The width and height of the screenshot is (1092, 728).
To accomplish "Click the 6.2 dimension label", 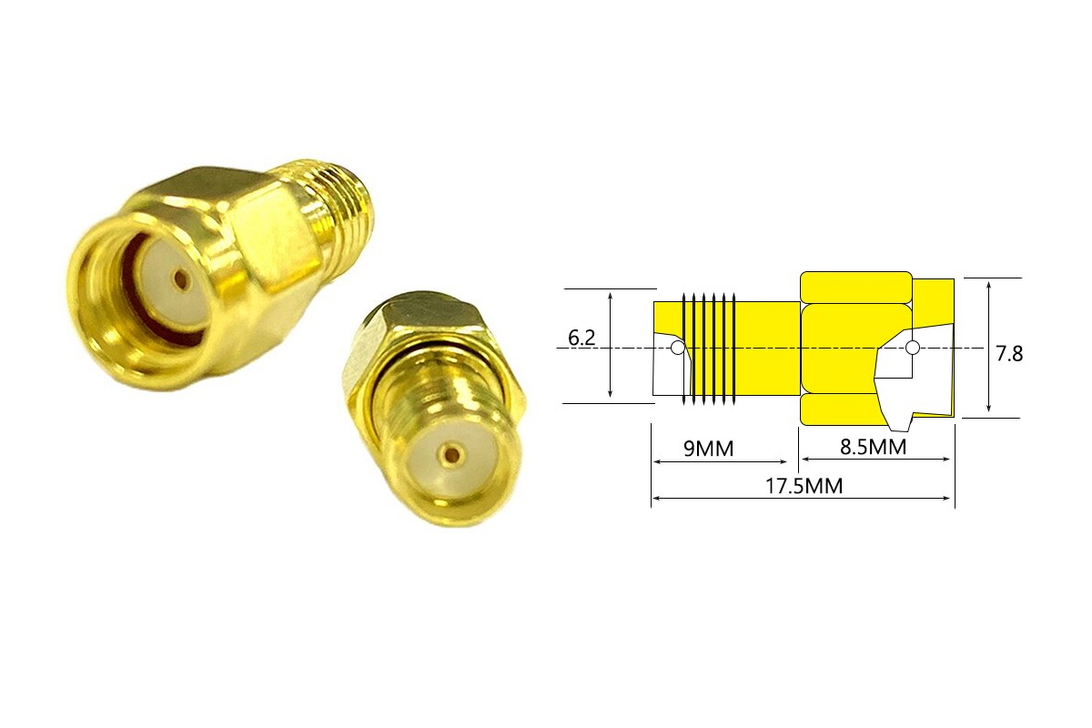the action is click(x=581, y=338).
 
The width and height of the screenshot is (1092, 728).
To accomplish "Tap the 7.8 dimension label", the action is click(x=1009, y=354).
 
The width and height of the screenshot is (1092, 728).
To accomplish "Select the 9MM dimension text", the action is click(x=708, y=449).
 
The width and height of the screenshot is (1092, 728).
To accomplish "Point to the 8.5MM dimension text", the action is click(x=873, y=447).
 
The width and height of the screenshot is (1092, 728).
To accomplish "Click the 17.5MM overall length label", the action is click(x=804, y=486).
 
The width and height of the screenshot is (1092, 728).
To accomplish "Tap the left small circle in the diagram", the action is click(x=678, y=348).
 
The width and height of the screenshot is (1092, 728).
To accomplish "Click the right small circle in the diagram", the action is click(x=913, y=348).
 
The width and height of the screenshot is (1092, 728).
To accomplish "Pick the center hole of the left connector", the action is click(x=181, y=279).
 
